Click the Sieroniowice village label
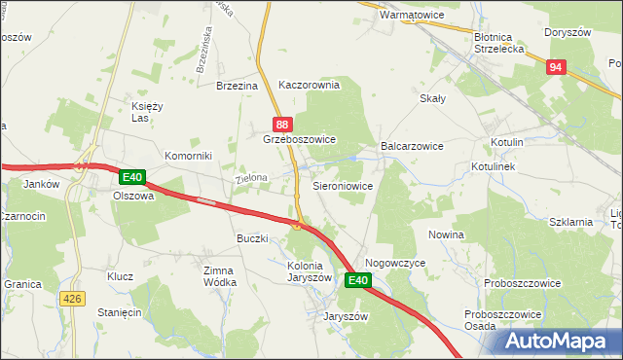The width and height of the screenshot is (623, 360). coord(342,184)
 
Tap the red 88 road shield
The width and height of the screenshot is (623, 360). coord(281,125)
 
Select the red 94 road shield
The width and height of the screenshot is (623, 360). coord(555,67)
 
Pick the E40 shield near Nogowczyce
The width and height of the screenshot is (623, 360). coord(358,281)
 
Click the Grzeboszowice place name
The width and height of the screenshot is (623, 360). coord(299,140)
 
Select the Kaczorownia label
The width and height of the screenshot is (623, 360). coord(309,85)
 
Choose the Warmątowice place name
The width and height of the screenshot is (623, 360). coord(397,16)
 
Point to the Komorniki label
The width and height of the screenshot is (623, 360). coord(188,156)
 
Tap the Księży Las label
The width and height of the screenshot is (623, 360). coord(146,112)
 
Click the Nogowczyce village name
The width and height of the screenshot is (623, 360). coord(396,263)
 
